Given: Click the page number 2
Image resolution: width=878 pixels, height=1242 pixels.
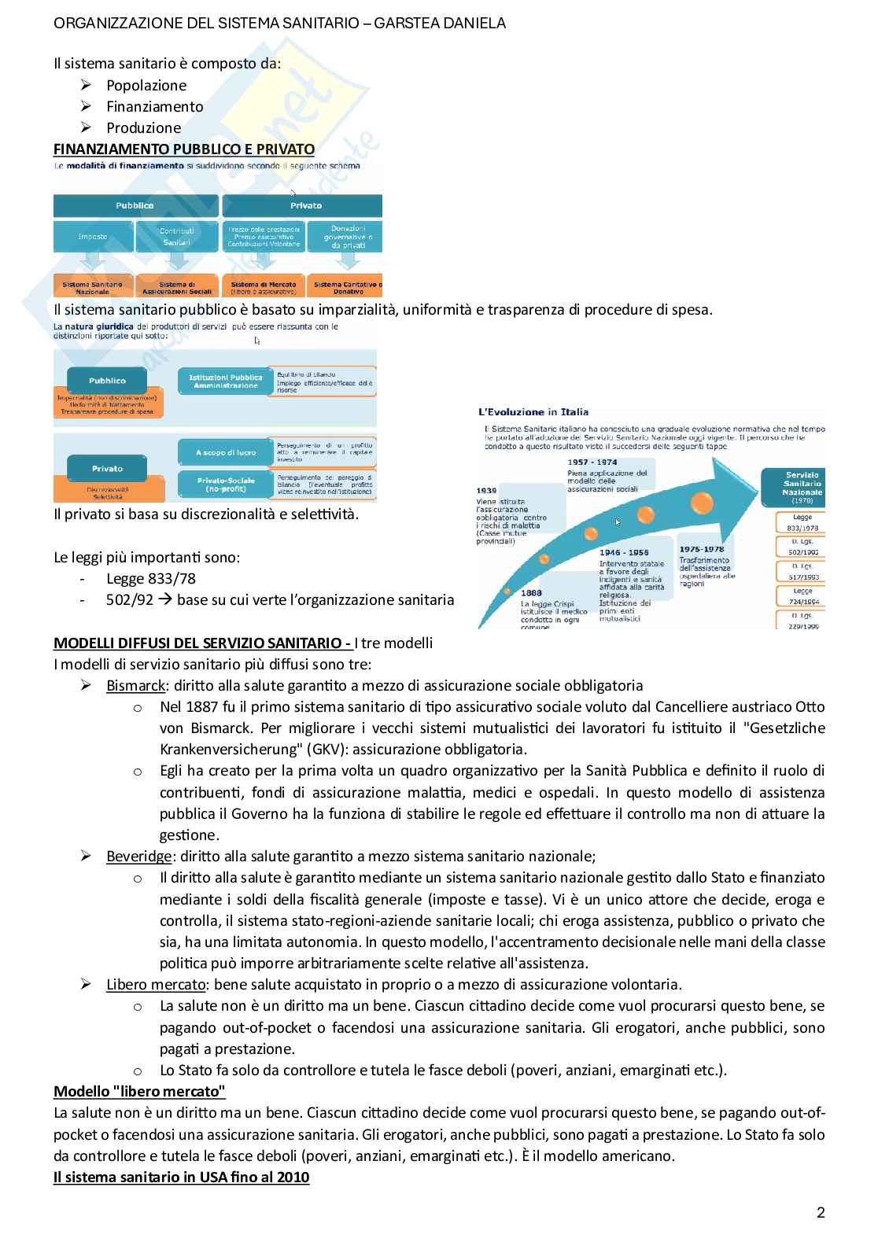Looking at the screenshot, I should (821, 1212).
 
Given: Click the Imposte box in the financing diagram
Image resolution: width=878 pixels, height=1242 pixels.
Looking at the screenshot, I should (92, 236).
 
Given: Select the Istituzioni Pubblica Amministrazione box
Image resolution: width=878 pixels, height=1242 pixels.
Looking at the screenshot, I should (226, 381).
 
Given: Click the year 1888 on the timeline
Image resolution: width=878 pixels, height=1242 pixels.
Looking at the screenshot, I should (531, 592).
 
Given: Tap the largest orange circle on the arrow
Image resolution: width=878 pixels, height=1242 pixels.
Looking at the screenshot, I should (702, 501).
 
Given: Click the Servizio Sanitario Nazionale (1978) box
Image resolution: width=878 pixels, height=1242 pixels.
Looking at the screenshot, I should (801, 487).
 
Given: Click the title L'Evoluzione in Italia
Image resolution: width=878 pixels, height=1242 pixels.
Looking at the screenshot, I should (533, 411).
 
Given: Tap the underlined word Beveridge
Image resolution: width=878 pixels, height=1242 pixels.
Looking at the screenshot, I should (138, 856).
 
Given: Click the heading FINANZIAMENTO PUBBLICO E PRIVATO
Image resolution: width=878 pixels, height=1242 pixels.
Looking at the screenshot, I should (183, 149).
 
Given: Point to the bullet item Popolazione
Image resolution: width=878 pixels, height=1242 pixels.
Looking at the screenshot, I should (146, 85).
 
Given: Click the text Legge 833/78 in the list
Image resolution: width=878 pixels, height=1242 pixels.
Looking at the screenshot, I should (150, 579).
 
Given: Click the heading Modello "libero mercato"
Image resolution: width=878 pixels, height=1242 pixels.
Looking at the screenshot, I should (139, 1091).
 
